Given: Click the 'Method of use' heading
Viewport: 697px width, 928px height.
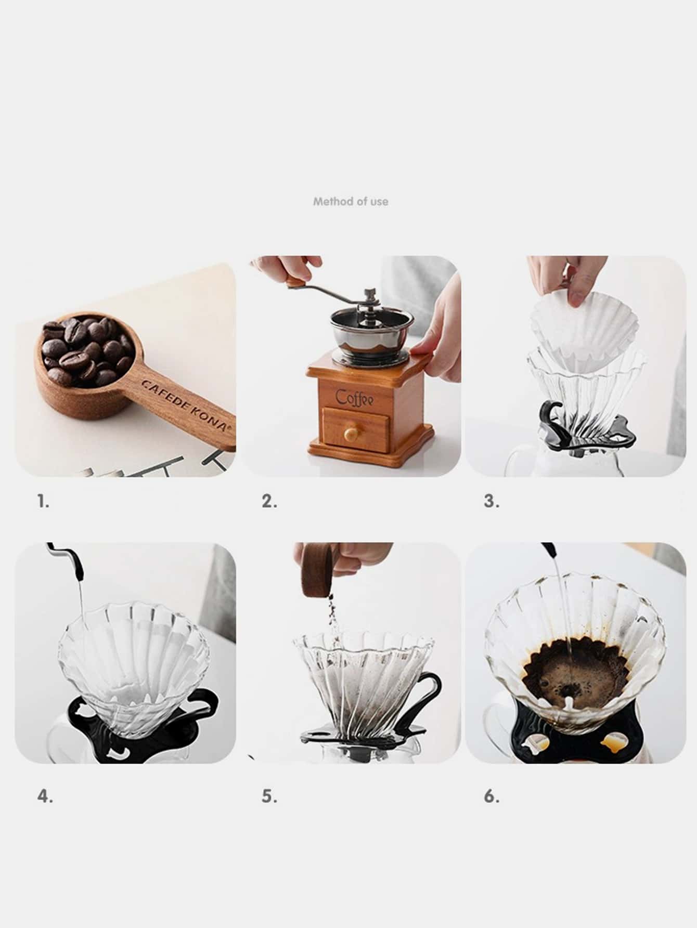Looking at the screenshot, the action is click(x=351, y=201).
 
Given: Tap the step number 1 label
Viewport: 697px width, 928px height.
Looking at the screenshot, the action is click(x=43, y=501).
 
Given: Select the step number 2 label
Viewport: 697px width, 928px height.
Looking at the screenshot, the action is click(x=269, y=501).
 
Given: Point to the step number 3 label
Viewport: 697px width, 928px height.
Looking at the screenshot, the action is click(x=492, y=501).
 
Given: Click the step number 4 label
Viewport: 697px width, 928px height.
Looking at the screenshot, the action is click(x=45, y=796).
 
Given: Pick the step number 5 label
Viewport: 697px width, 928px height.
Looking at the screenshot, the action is click(x=269, y=796).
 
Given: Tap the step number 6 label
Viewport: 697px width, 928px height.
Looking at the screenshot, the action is click(x=492, y=796).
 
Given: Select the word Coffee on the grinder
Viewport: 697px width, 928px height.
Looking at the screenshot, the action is click(x=355, y=398).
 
